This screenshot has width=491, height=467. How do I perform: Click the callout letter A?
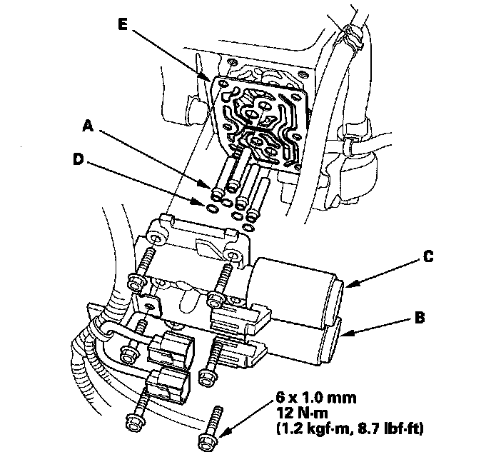click(x=88, y=126)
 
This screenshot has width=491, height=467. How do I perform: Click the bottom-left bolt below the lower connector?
click(x=135, y=425)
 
